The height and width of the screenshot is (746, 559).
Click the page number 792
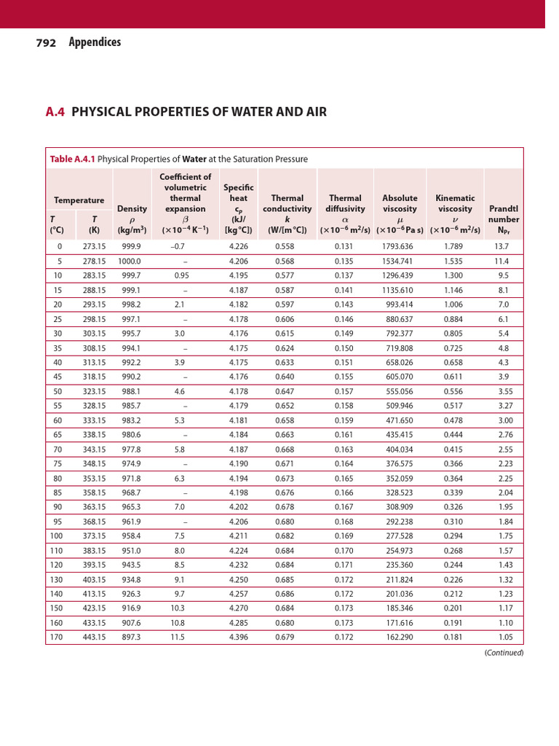pyautogui.click(x=47, y=43)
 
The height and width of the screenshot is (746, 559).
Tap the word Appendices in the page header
pyautogui.click(x=95, y=42)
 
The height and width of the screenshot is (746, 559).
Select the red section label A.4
pyautogui.click(x=55, y=112)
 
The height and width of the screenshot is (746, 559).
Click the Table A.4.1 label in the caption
pyautogui.click(x=71, y=159)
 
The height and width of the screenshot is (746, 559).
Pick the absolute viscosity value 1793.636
pyautogui.click(x=397, y=247)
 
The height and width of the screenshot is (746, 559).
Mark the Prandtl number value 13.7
pyautogui.click(x=501, y=247)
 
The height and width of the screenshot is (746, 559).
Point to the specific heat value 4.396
pyautogui.click(x=238, y=637)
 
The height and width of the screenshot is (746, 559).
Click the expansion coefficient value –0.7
pyautogui.click(x=178, y=247)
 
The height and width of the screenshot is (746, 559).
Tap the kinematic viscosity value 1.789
pyautogui.click(x=453, y=247)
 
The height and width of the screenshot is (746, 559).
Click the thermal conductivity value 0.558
pyautogui.click(x=285, y=247)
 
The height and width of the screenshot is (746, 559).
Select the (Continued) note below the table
pyautogui.click(x=504, y=653)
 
